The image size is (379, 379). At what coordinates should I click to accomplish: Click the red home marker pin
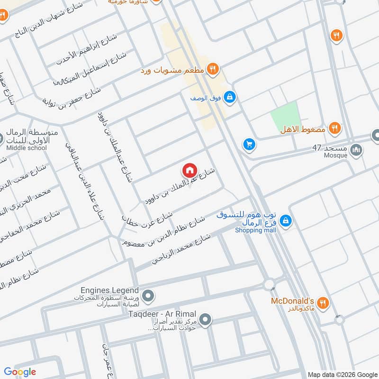[189, 170]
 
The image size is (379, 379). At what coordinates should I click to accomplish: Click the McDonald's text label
[292, 301]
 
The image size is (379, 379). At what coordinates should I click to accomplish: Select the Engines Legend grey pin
[148, 297]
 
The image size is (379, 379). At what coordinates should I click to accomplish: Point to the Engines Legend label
[109, 290]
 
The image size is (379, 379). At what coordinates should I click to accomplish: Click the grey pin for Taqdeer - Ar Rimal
[205, 320]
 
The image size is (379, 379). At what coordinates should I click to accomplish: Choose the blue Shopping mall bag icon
[285, 221]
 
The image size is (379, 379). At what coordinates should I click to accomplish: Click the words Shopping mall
[256, 230]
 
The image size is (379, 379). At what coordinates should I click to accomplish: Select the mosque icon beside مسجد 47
[357, 150]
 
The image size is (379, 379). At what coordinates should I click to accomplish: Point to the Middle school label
[27, 148]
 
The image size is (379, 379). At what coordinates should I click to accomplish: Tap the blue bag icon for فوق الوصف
[230, 98]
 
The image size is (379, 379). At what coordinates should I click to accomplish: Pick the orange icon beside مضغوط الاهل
[335, 128]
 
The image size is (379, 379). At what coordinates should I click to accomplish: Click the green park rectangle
[284, 117]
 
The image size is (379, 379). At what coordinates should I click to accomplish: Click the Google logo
[20, 372]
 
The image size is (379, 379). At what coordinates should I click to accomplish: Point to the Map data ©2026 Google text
[341, 374]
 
